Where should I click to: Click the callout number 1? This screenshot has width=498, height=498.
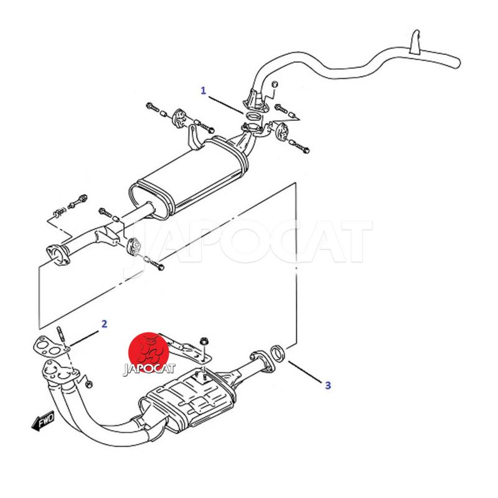click(204, 90)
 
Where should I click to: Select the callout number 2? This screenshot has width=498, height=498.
click(104, 324)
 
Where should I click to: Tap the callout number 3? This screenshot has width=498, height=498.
click(328, 385)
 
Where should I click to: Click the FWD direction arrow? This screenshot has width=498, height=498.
click(43, 421)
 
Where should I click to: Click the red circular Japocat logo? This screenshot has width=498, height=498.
click(149, 353)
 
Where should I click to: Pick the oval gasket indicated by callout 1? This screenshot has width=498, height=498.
click(253, 116)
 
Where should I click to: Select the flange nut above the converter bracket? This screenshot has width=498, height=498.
click(203, 342)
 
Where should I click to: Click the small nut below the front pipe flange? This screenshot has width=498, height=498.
click(89, 384)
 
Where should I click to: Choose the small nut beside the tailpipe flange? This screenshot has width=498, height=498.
click(275, 84)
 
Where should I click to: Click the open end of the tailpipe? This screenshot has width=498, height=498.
click(458, 62)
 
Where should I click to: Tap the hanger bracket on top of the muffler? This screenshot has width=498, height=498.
click(194, 137)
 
